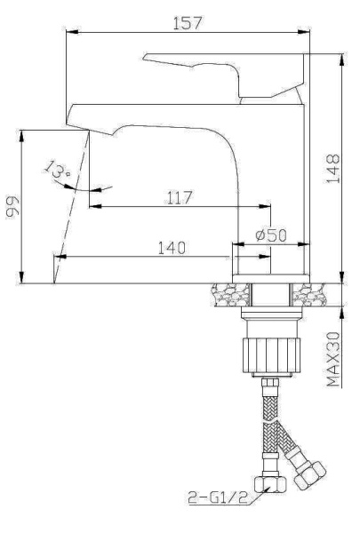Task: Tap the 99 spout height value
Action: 12,209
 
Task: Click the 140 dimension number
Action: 172,248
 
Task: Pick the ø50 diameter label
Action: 269,235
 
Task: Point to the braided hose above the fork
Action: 269,404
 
